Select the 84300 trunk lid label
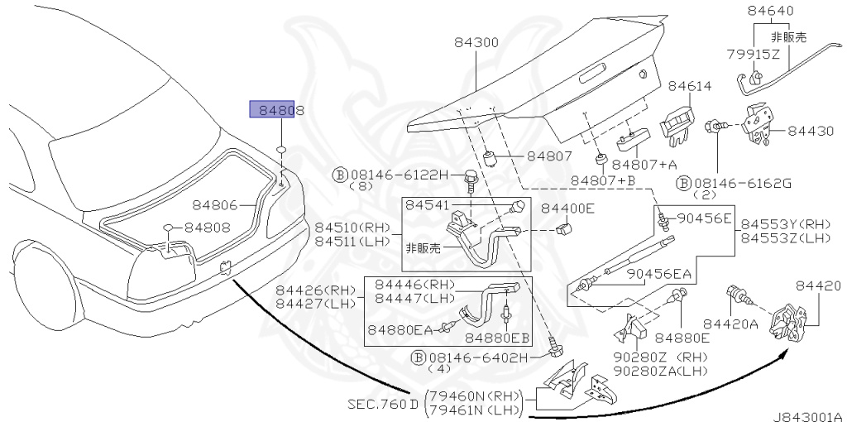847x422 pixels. (476, 42)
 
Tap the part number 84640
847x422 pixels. (770, 12)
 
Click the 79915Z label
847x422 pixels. (753, 54)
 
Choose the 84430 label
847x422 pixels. (811, 131)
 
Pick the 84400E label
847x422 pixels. (567, 208)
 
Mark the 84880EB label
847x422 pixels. (497, 338)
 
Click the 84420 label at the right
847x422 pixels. (818, 286)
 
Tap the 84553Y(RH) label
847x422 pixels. (785, 224)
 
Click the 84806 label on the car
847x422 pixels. (216, 204)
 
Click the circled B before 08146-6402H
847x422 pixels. (419, 357)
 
